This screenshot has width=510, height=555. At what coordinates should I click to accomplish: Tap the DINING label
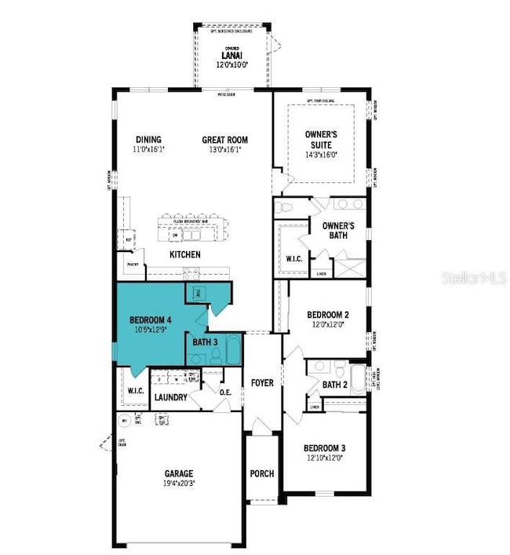tap(148, 140)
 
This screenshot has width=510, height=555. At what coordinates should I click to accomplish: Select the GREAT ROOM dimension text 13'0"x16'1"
tap(224, 149)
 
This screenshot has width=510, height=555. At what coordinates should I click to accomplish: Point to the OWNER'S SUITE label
tap(323, 140)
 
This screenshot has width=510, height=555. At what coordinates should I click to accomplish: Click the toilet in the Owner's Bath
tap(286, 207)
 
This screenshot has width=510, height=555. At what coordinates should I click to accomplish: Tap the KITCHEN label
tap(184, 254)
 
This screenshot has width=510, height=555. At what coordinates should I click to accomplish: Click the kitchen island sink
tap(176, 235)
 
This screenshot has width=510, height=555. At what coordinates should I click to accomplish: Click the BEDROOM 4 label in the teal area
tap(151, 319)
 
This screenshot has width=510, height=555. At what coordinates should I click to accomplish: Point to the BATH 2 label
tap(334, 384)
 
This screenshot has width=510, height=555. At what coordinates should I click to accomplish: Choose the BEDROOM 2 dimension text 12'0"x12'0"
tap(328, 323)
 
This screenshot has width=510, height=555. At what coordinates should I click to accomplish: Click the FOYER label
tap(262, 383)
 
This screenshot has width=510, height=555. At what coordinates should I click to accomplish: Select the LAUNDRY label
tap(170, 398)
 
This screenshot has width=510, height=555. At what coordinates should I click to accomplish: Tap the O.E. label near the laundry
tap(225, 393)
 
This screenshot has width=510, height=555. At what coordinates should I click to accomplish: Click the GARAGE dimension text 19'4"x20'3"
tap(179, 484)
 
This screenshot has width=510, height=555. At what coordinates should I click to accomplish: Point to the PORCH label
tap(261, 473)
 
